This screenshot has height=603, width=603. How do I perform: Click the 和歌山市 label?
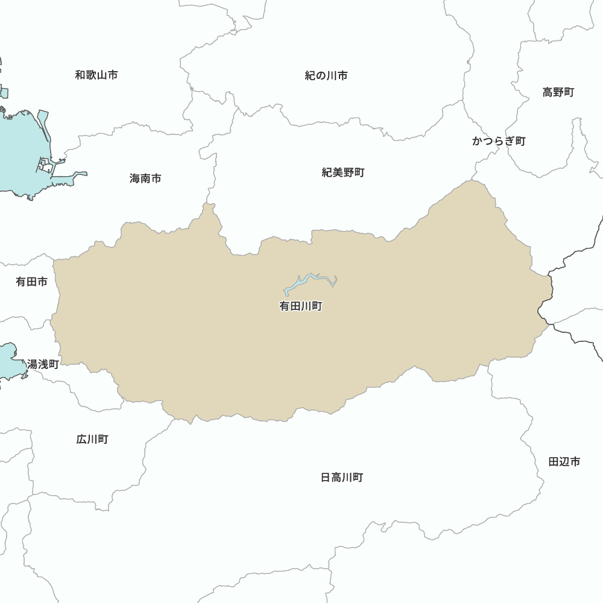pos(96,75)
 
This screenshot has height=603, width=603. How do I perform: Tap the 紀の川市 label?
pos(326,75)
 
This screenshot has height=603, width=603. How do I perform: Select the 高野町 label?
pos(558,92)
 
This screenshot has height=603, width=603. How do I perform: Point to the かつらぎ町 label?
pos(499,141)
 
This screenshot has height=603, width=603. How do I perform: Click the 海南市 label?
pos(145,178)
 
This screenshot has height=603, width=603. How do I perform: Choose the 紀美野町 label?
pos(343,172)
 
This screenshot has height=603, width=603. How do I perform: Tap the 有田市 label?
pos(31,282)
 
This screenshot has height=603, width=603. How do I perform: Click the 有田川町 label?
pos(301,306)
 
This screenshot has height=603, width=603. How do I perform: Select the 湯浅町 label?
pos(43,364)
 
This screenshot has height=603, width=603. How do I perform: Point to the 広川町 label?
pos(92,439)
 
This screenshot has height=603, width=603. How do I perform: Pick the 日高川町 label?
pos(342,478)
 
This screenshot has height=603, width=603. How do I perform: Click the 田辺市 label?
pos(564,462)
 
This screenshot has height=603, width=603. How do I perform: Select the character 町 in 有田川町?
pos(317,306)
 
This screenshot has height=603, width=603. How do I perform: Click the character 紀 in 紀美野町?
pos(327,172)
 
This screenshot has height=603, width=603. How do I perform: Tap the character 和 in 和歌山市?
pos(80,75)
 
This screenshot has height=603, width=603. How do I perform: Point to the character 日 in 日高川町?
pos(326,478)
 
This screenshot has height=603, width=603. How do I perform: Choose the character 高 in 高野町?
pos(548,92)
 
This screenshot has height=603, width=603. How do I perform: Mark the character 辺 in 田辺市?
pos(564,462)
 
